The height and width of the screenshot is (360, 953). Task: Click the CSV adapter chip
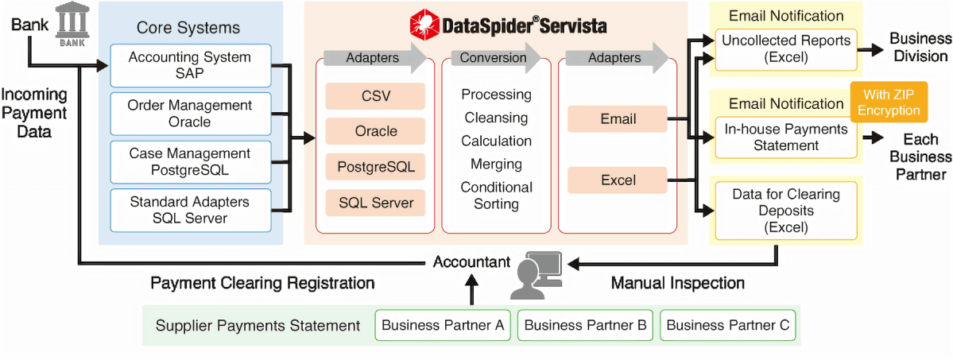pyautogui.click(x=375, y=97)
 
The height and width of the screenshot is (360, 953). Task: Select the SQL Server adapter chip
pyautogui.click(x=375, y=203)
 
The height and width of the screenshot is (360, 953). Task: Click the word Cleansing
pyautogui.click(x=496, y=118)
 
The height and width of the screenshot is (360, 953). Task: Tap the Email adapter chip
pyautogui.click(x=618, y=119)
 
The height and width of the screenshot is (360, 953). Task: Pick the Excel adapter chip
pyautogui.click(x=618, y=180)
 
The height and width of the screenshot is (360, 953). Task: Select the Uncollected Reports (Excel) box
pyautogui.click(x=785, y=48)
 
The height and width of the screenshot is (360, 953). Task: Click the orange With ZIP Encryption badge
pyautogui.click(x=889, y=103)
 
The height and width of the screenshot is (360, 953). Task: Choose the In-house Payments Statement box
pyautogui.click(x=785, y=137)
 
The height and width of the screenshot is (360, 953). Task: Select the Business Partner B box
pyautogui.click(x=585, y=325)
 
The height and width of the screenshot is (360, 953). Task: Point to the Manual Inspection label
pyautogui.click(x=677, y=283)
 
